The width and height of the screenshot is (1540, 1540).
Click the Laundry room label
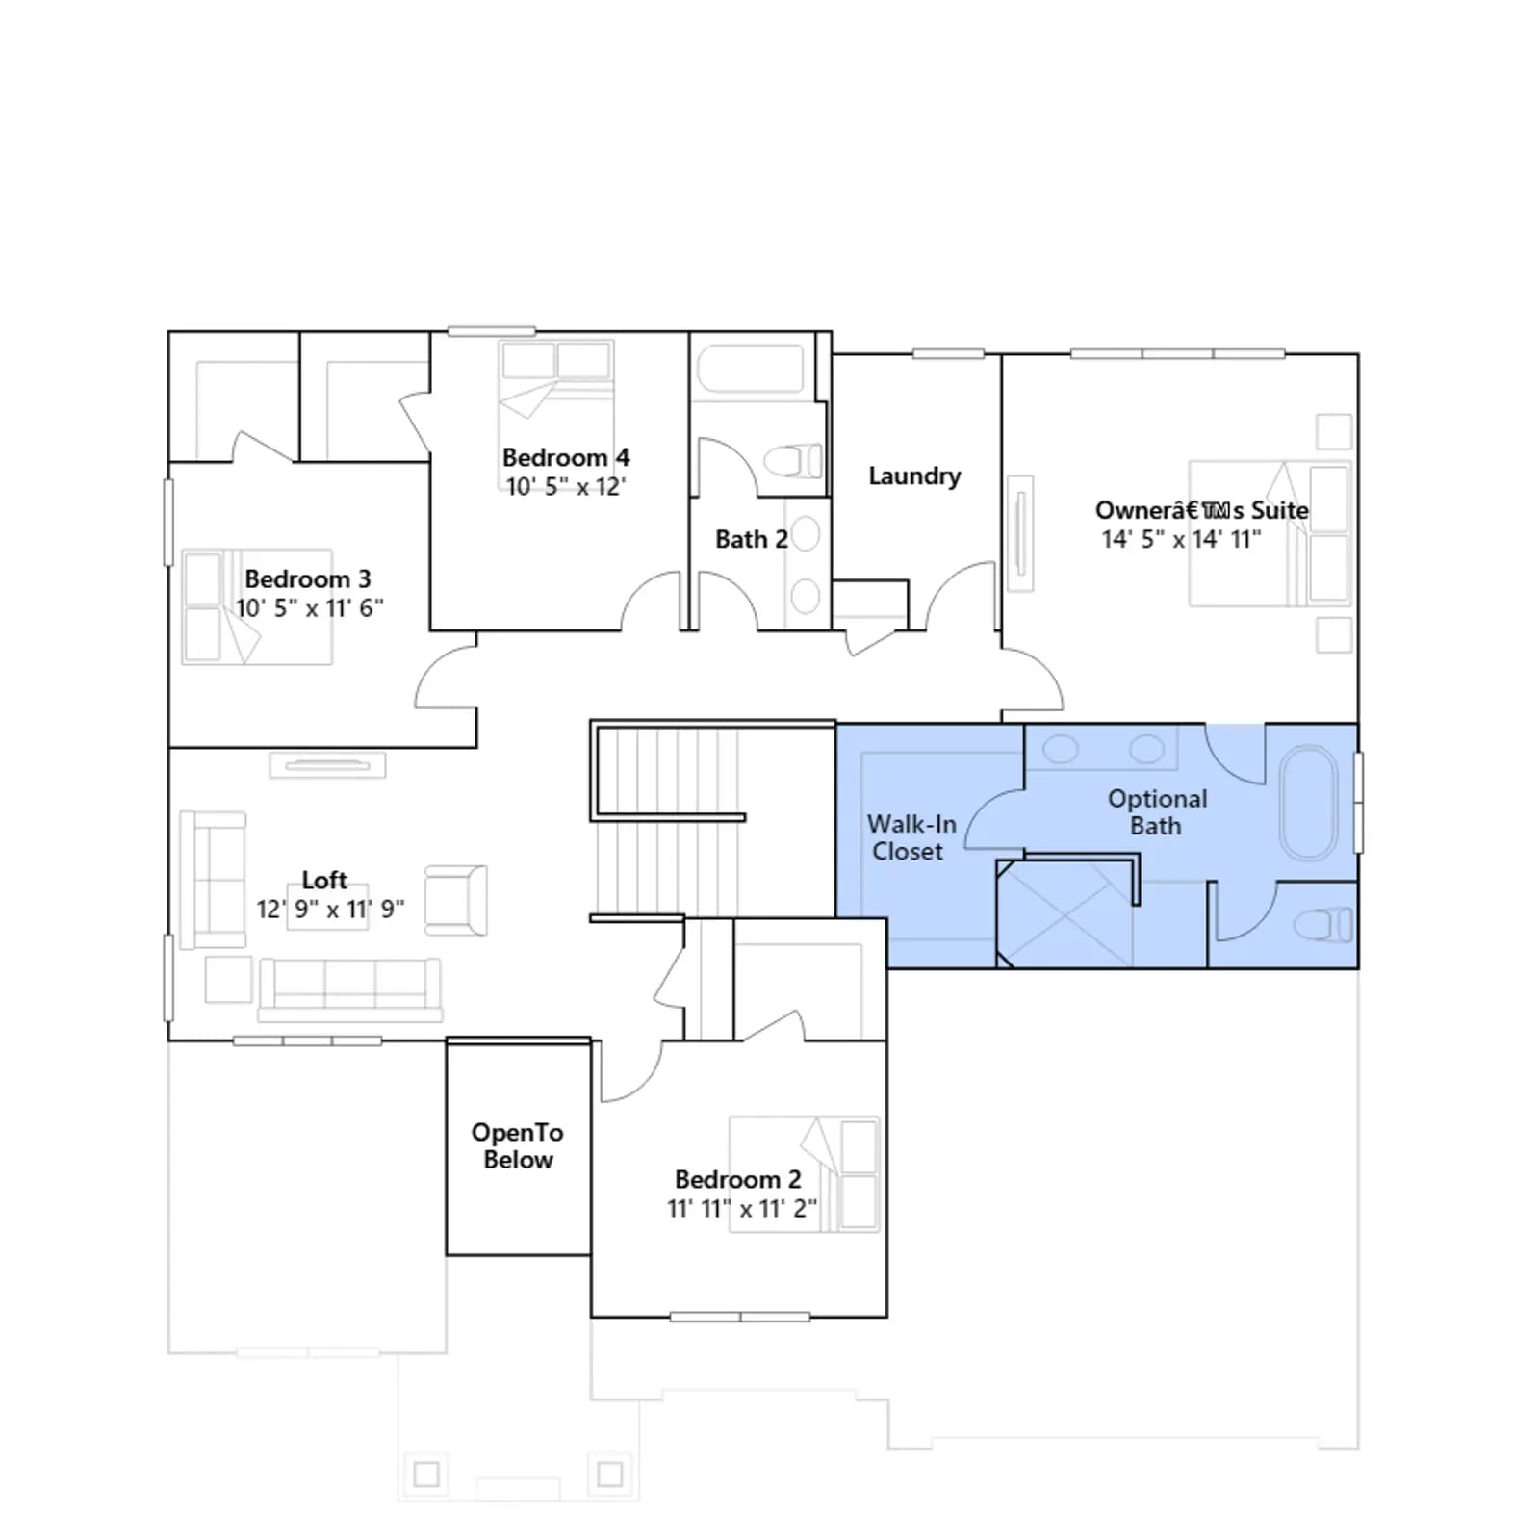[914, 476]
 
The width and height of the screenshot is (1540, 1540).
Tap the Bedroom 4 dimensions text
[566, 487]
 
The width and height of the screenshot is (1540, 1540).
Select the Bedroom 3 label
[308, 578]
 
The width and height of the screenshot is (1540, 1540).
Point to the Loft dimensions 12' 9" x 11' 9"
[330, 910]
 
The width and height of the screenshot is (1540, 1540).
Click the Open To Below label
[518, 1145]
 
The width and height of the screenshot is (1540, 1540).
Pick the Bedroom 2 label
[738, 1179]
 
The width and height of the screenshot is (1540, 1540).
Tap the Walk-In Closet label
[911, 837]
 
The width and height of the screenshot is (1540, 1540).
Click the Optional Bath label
[1157, 811]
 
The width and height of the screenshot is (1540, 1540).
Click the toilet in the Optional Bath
[1324, 926]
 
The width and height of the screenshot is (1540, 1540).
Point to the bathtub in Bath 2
[750, 368]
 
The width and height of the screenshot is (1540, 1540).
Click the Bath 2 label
[752, 539]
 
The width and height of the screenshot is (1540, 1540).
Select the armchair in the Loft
[456, 901]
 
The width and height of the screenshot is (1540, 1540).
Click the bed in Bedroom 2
[805, 1174]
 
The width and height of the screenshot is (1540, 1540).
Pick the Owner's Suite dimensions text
[1182, 539]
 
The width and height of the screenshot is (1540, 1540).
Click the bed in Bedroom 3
[257, 607]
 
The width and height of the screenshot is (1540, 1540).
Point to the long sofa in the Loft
[349, 988]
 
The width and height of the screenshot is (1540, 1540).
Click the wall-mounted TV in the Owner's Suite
[1020, 533]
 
